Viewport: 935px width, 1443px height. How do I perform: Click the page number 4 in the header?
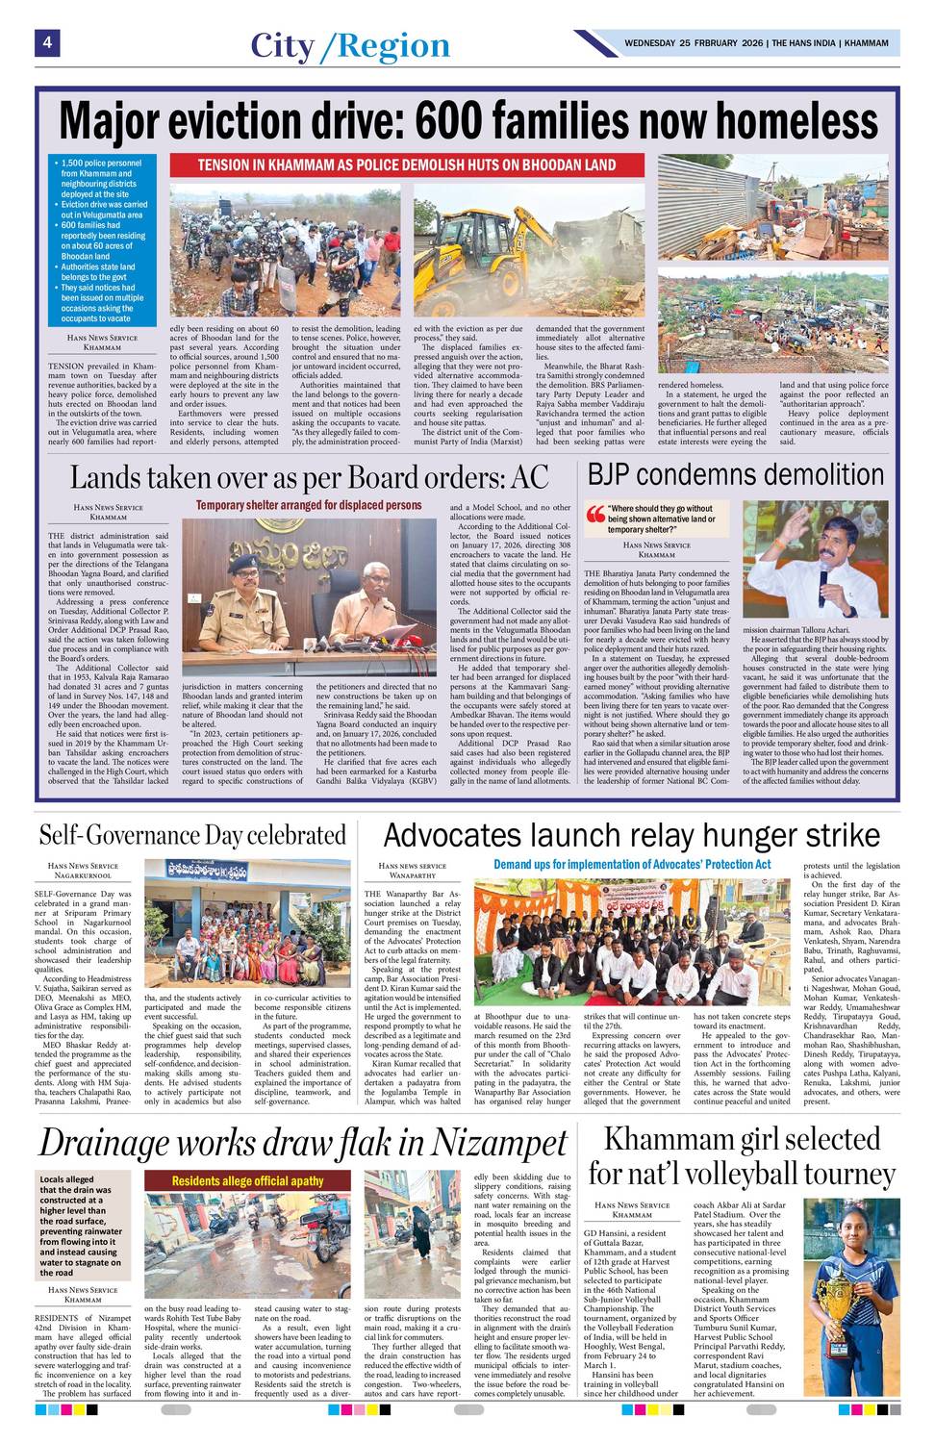point(45,42)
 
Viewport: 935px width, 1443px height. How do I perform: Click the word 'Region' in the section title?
point(394,45)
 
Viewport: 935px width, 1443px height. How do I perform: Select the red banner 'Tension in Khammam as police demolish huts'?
point(407,165)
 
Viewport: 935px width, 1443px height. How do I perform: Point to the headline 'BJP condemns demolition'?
point(736,474)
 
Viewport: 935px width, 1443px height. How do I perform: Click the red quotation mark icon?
point(595,514)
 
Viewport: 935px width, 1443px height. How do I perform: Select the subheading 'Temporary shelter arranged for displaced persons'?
point(309,504)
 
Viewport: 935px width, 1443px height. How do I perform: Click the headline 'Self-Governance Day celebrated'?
point(192,835)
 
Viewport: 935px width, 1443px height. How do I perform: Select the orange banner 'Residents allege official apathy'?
point(247,1180)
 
